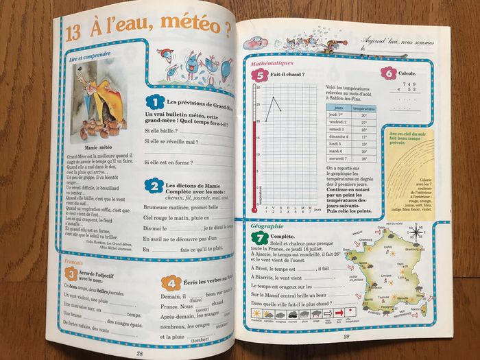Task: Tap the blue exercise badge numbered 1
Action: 153,103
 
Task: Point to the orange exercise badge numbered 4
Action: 167,283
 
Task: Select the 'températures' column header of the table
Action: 363,108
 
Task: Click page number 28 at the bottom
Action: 139,352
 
